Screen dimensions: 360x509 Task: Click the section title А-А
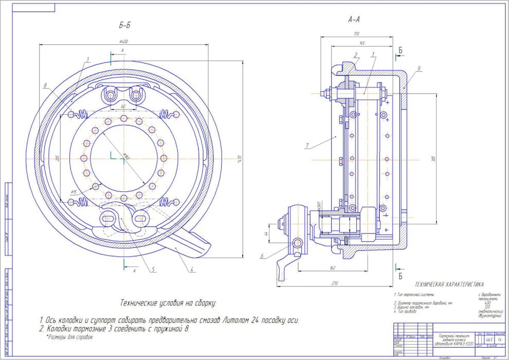[x=354, y=20]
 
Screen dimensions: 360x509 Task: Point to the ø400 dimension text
[x=123, y=41]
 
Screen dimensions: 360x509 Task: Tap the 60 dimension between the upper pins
[x=123, y=106]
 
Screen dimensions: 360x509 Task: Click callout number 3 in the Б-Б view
[x=88, y=59]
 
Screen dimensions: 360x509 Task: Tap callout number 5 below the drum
[x=153, y=268]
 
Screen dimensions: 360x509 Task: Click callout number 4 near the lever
[x=191, y=268]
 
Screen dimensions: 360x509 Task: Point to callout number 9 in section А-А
[x=419, y=68]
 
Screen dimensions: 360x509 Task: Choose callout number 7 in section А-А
[x=306, y=146]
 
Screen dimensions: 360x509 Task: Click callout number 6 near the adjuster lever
[x=262, y=255]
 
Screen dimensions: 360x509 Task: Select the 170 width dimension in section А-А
[x=356, y=34]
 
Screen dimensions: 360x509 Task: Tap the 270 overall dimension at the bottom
[x=335, y=282]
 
